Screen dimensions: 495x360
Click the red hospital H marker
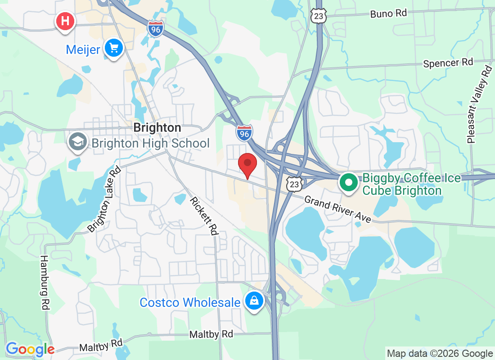click(65, 21)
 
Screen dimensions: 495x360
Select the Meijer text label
click(83, 49)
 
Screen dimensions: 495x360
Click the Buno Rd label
click(388, 13)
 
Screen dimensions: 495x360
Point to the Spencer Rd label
click(448, 63)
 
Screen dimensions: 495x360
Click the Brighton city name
click(157, 128)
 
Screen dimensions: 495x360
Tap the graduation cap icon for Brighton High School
click(77, 143)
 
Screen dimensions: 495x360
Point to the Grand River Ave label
click(338, 209)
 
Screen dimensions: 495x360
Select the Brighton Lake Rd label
click(104, 199)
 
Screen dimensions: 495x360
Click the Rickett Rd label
click(204, 216)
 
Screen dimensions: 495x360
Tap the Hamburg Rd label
click(44, 283)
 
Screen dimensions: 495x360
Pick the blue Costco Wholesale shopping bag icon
click(254, 301)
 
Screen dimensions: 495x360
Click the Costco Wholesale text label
click(190, 302)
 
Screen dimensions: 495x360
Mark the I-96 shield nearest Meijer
click(155, 29)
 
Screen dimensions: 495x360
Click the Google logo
click(30, 349)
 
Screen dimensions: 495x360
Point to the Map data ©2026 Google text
click(440, 354)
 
